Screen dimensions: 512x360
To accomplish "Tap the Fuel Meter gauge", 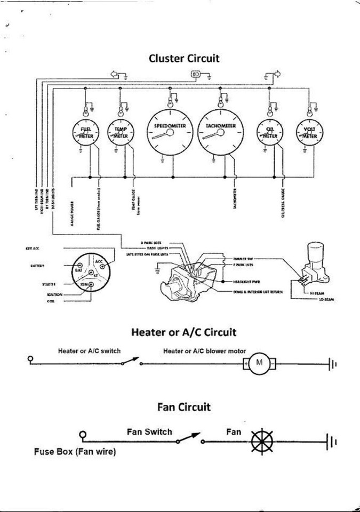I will pos(86,133).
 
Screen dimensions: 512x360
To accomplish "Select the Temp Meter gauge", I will pos(122,133).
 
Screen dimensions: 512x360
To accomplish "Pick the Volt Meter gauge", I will pos(309,133).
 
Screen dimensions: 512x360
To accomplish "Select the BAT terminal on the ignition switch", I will pos(79,270).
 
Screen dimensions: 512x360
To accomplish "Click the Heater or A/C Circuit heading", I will pos(183,333).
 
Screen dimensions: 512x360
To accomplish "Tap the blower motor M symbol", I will pos(260,363).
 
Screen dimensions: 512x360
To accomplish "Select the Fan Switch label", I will pos(149,431).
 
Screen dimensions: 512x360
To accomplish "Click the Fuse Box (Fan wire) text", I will pos(75,452).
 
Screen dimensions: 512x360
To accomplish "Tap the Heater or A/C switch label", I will pos(89,351).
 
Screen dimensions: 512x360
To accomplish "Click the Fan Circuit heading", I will pos(184,407).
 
